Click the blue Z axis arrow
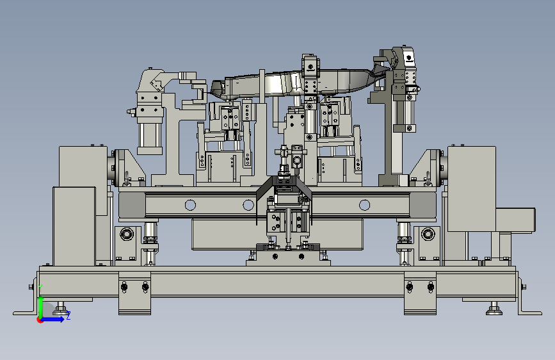click(x=53, y=319)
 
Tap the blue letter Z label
click(x=68, y=315)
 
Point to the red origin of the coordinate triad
click(x=40, y=320)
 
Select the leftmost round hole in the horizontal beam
click(x=190, y=205)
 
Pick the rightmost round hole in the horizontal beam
click(x=364, y=205)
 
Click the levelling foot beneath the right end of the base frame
click(x=494, y=309)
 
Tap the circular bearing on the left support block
click(x=127, y=234)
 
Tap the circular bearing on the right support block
click(x=428, y=234)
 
